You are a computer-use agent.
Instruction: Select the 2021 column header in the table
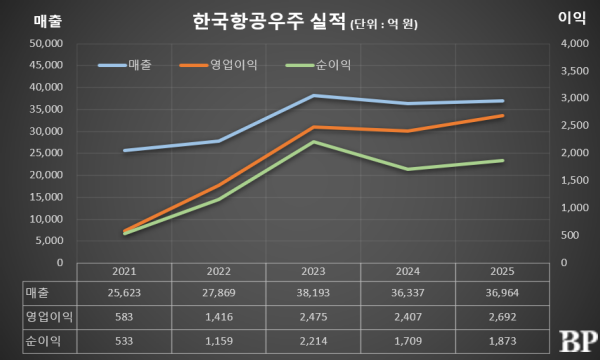(x=123, y=272)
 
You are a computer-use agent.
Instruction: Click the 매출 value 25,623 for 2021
(x=123, y=292)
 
